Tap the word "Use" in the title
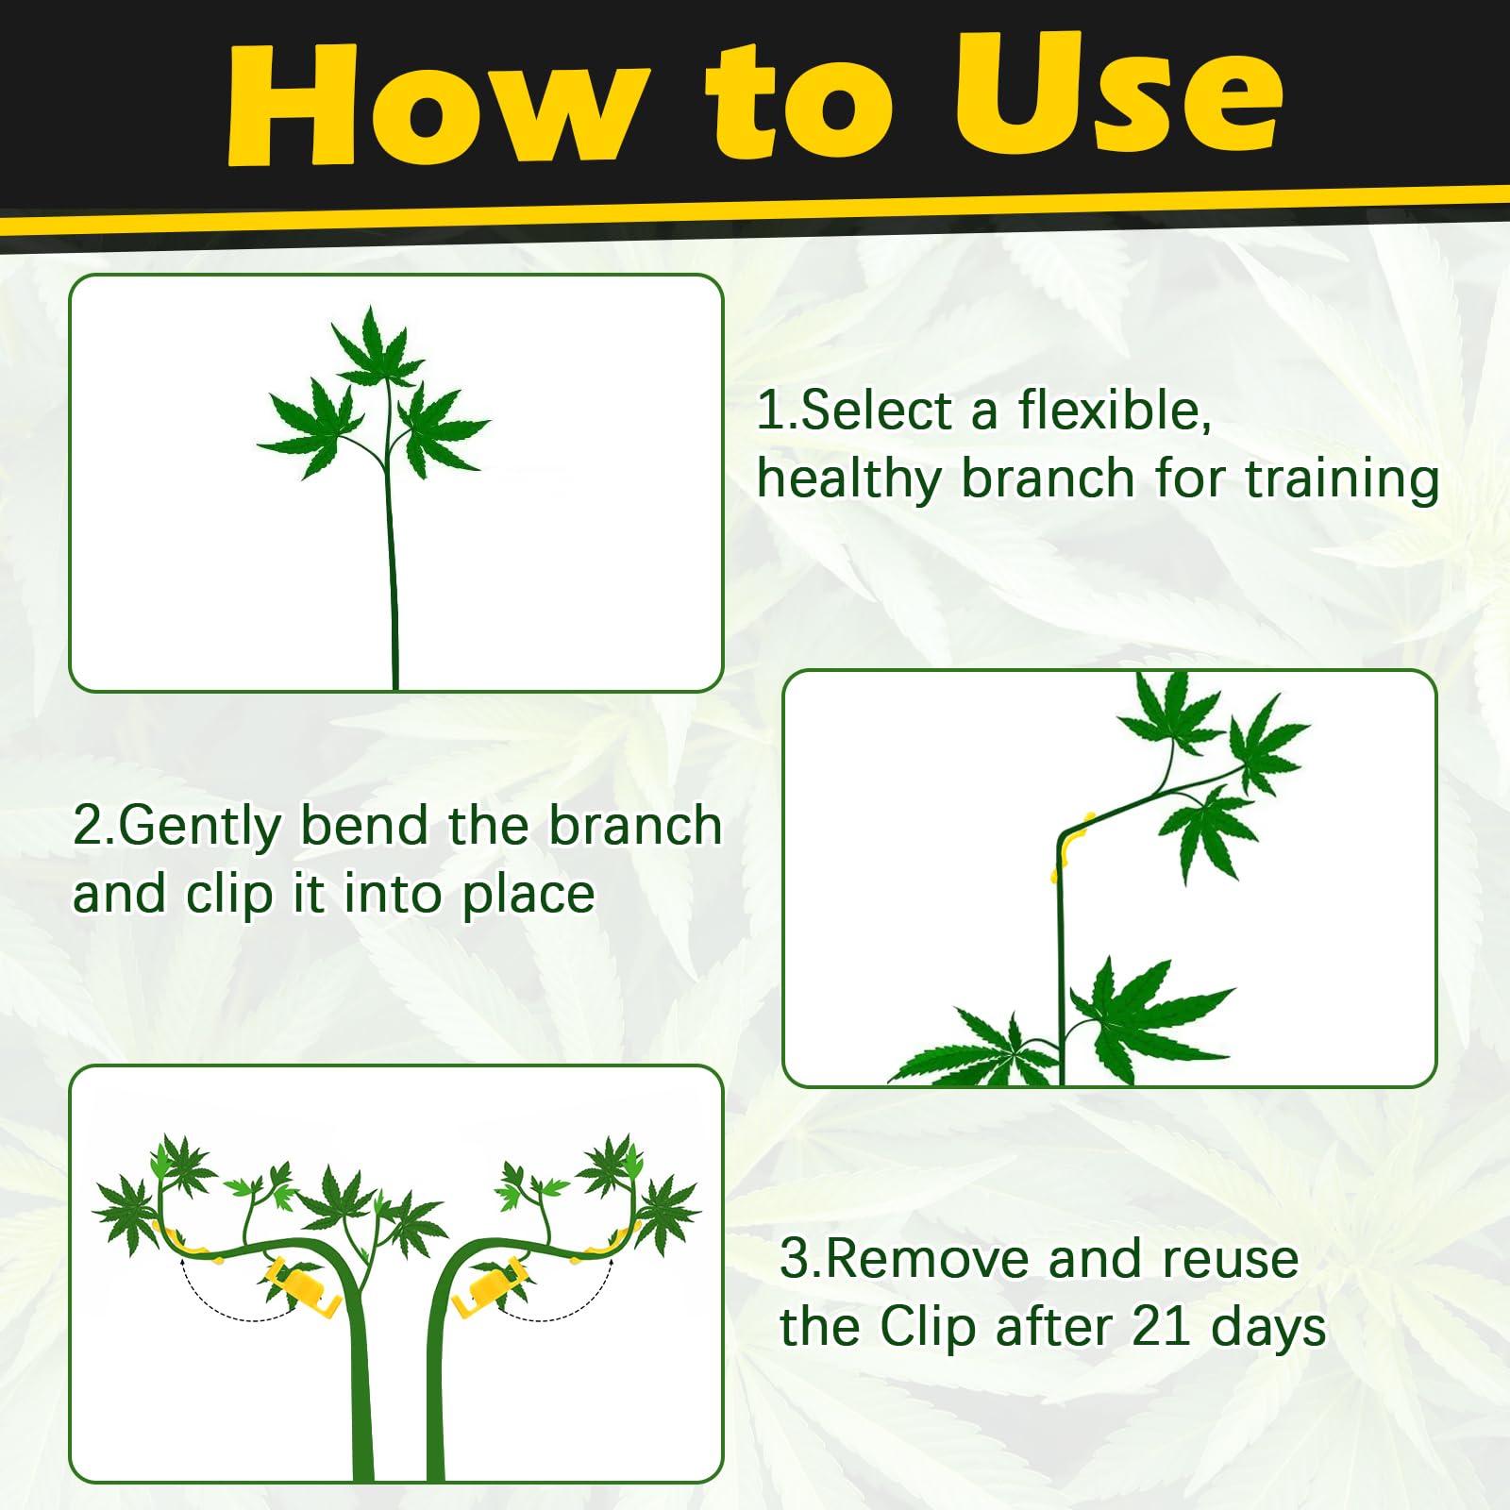point(1118,94)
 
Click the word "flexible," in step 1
point(1115,411)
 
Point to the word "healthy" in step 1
point(849,479)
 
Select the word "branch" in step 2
point(635,827)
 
